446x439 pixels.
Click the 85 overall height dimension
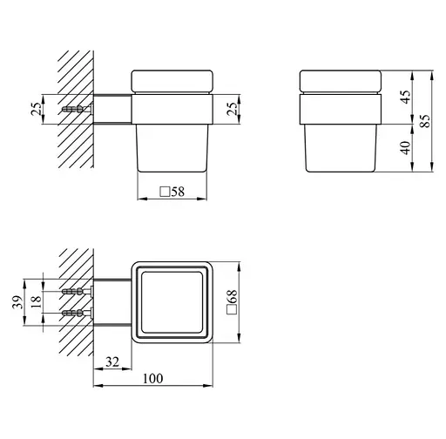point(425,121)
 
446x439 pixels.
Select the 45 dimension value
point(406,97)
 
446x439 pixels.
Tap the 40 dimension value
point(406,147)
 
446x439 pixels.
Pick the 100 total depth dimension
point(153,378)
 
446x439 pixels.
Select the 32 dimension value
point(112,362)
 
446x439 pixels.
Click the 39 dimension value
point(17,302)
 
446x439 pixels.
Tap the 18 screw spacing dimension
point(37,302)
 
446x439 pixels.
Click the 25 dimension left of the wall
point(37,109)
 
